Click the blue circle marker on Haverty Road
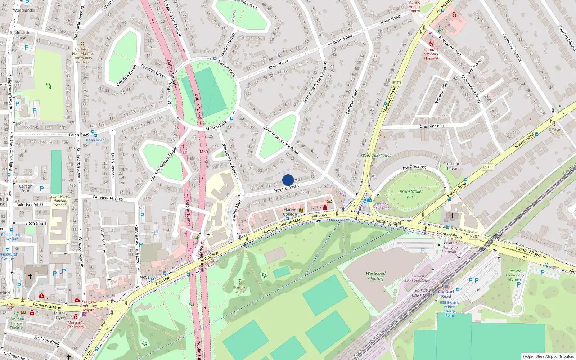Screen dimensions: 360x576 tap(288, 180)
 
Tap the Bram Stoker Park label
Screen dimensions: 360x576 tap(411, 194)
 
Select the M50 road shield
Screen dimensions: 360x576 tap(204, 152)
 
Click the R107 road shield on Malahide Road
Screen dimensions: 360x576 tap(397, 82)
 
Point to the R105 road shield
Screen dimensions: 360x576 tap(488, 167)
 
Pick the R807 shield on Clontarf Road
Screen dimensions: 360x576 tap(474, 236)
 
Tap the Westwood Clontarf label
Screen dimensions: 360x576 tap(376, 276)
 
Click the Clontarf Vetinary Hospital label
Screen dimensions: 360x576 tap(431, 54)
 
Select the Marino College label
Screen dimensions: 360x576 tap(290, 212)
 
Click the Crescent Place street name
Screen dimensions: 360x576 tap(433, 126)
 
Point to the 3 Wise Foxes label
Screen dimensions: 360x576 tap(554, 131)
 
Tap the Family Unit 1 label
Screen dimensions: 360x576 tap(239, 289)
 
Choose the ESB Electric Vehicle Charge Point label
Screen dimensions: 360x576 tap(450, 309)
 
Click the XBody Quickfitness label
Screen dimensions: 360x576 tap(375, 156)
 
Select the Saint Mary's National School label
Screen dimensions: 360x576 tap(60, 201)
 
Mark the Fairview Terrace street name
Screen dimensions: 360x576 tap(108, 198)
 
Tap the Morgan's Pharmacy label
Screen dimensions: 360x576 tap(76, 325)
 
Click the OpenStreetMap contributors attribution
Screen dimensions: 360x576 tap(548, 356)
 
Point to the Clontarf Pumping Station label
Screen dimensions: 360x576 tap(450, 247)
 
